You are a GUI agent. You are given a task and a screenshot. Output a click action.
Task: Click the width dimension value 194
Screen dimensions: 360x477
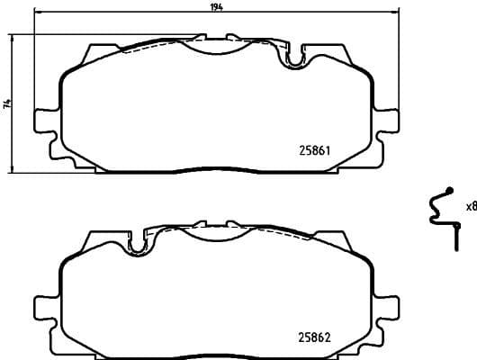pos(216,6)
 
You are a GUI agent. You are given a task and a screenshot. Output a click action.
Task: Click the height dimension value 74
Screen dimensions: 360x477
pos(6,104)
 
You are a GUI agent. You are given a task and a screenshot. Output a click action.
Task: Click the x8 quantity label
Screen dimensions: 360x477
pos(470,206)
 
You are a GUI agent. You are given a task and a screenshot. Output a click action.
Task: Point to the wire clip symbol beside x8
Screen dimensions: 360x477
pos(441,213)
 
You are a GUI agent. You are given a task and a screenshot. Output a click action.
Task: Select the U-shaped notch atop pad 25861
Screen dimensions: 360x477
pos(293,58)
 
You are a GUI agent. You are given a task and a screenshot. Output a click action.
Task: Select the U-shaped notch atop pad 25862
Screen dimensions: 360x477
pos(139,243)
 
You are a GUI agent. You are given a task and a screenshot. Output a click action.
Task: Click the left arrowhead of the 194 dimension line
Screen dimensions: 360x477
pos(36,12)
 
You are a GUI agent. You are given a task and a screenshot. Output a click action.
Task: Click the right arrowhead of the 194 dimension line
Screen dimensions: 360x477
pos(396,12)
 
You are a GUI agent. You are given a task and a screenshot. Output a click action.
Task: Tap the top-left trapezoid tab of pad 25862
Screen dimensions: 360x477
pos(91,241)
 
